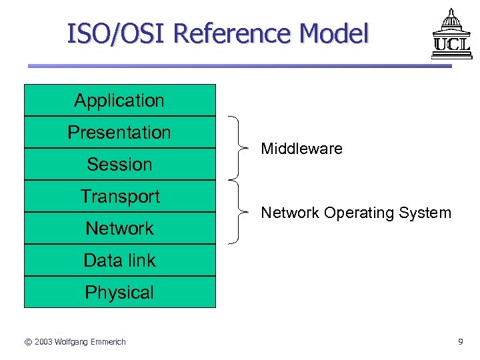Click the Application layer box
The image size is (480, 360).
(120, 101)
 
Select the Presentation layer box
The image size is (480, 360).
(120, 132)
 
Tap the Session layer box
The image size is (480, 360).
(120, 164)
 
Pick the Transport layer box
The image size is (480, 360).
(120, 196)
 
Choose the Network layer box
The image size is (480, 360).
(120, 228)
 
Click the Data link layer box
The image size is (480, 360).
(120, 260)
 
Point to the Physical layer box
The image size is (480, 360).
(120, 292)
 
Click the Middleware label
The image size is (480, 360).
(301, 149)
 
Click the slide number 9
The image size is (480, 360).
(460, 342)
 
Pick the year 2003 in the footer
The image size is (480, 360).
(45, 342)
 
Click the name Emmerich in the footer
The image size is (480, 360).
(107, 342)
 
